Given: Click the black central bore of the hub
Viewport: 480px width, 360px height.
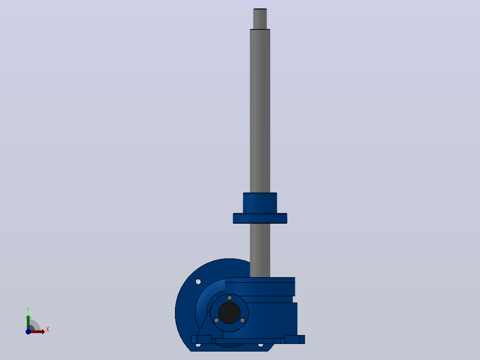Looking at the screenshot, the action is (x=229, y=313).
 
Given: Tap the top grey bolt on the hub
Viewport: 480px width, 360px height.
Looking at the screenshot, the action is (x=229, y=298).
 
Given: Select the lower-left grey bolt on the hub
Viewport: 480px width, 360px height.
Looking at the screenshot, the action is (x=216, y=320).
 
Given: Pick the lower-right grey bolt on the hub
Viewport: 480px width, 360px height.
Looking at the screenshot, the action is (x=242, y=320).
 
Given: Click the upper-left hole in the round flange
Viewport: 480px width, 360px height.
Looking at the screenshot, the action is (x=198, y=282).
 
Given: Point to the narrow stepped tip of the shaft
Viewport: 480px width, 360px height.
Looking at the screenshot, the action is (x=260, y=19).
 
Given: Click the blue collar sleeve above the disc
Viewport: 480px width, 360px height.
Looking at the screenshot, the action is (x=260, y=203).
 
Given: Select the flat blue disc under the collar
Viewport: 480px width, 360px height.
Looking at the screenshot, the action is (x=260, y=218).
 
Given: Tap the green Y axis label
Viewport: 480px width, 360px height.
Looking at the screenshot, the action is (x=28, y=310).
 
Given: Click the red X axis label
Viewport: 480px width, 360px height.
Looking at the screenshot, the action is (x=48, y=330).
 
